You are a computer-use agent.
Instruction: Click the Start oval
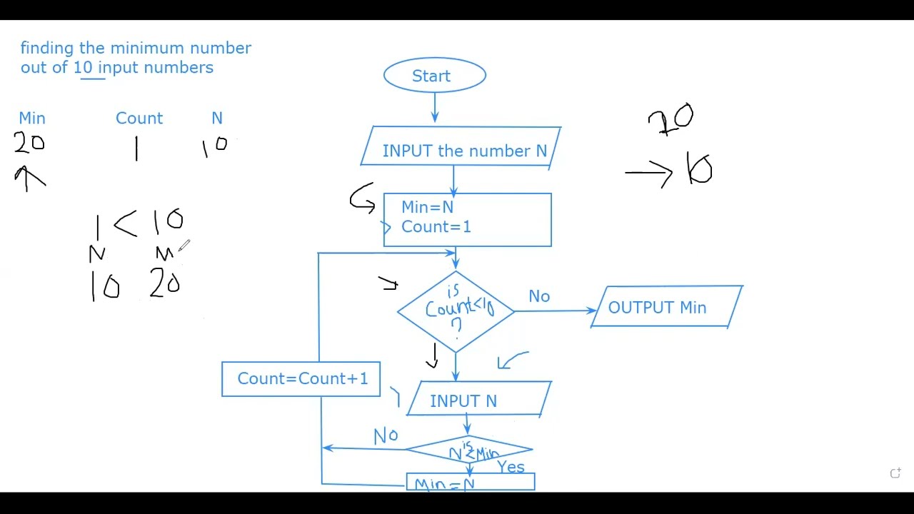pos(434,76)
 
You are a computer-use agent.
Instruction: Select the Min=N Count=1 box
pos(468,220)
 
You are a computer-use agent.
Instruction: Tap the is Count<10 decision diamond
pos(456,310)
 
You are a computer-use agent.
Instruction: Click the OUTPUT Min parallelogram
pos(666,308)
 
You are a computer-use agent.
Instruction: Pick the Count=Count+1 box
pos(301,379)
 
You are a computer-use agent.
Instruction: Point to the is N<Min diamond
pos(469,450)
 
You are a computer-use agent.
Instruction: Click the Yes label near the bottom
pos(511,467)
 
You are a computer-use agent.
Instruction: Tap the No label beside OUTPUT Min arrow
pos(539,296)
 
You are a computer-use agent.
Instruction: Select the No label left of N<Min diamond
pos(386,435)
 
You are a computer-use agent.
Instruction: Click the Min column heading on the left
pos(32,119)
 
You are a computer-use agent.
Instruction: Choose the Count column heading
pos(139,119)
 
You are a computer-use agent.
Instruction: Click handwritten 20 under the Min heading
pos(29,143)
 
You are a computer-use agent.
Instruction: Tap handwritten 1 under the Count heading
pos(136,148)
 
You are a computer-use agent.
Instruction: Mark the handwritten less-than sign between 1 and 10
pos(126,223)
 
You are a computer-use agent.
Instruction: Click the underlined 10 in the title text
pos(83,68)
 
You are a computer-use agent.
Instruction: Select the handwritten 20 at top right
pos(671,119)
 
